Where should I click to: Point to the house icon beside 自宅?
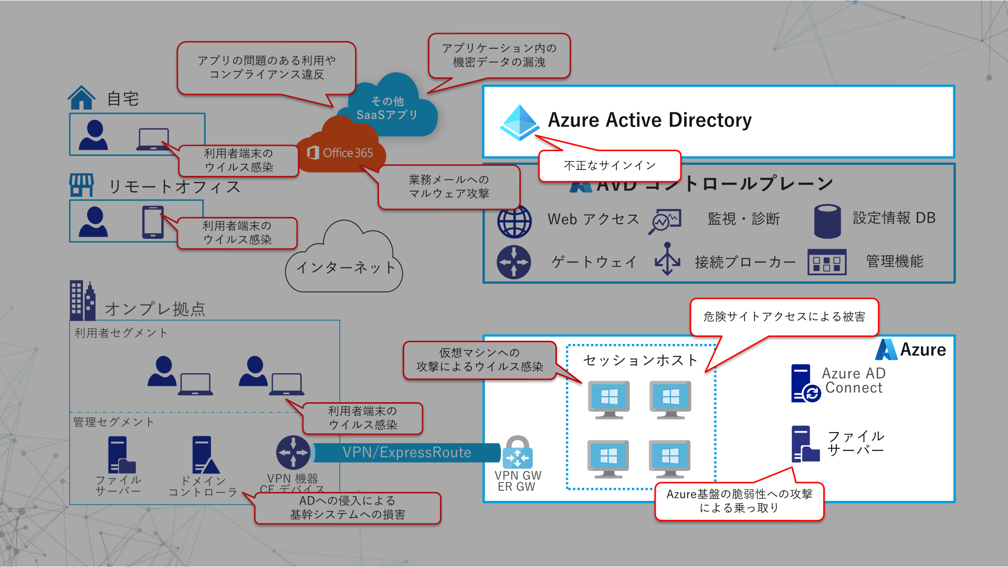[81, 98]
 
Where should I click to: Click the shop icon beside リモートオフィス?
[81, 185]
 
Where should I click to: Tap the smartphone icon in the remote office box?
[153, 222]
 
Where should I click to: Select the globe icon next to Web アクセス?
[514, 221]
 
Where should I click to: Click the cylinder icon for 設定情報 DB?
[827, 221]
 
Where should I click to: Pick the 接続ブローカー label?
[745, 262]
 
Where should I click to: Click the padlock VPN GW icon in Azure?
[518, 453]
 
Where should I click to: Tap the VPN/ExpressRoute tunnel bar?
[407, 453]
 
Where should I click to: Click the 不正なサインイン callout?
[610, 166]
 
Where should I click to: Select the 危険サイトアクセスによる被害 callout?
[784, 317]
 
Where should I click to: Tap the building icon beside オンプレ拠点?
[82, 301]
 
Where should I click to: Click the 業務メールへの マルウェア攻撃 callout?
[449, 187]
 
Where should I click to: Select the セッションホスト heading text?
[640, 360]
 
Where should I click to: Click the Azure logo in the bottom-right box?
[887, 350]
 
